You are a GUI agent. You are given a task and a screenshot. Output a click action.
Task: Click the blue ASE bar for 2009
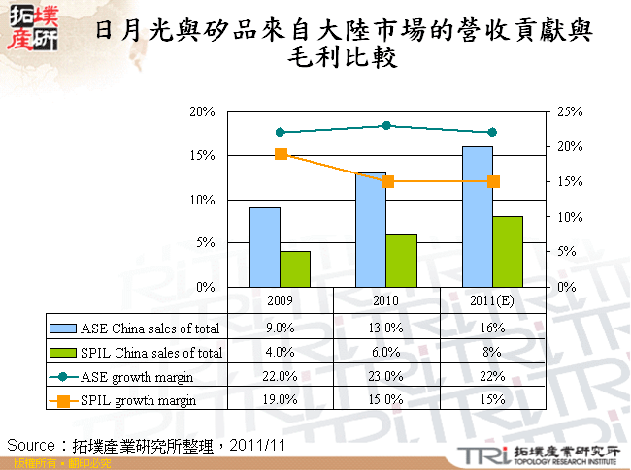(265, 247)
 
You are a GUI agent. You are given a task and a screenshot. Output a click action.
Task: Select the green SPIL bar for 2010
(401, 261)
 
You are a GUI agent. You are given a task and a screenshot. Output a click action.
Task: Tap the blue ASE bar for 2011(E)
(478, 216)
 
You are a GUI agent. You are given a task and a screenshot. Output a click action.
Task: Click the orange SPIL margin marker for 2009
(281, 154)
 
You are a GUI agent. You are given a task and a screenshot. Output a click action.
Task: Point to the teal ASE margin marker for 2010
(386, 125)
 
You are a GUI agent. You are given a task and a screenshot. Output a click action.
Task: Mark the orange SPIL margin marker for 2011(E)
(493, 181)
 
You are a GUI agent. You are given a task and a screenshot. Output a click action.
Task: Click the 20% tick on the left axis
(201, 111)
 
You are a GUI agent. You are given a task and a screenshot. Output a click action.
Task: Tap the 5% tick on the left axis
(204, 243)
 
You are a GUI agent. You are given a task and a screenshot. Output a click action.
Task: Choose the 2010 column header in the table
(386, 300)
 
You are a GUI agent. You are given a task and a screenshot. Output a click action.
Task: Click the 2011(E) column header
(492, 300)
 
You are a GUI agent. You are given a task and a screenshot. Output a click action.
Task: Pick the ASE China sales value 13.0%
(386, 328)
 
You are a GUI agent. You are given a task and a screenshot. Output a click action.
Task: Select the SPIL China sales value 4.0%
(280, 352)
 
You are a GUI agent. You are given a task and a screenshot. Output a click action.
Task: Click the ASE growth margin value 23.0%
(386, 376)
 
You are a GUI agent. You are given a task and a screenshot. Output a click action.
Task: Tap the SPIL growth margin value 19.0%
(280, 399)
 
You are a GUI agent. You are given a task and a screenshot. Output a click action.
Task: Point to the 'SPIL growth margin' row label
(139, 399)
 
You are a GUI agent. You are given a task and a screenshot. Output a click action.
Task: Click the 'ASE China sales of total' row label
(150, 328)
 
